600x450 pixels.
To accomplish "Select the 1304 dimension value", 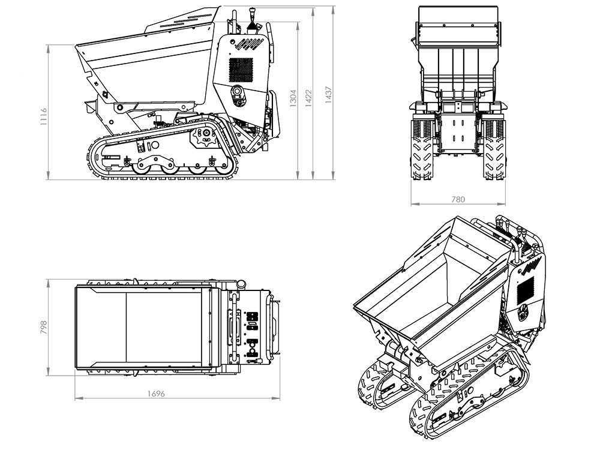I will [293, 99].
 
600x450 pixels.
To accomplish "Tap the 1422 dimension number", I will [309, 98].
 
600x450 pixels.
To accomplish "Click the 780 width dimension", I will [457, 199].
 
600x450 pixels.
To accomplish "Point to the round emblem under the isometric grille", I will [523, 312].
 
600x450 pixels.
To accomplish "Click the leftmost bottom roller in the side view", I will [142, 169].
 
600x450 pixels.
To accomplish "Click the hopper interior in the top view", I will [144, 327].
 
